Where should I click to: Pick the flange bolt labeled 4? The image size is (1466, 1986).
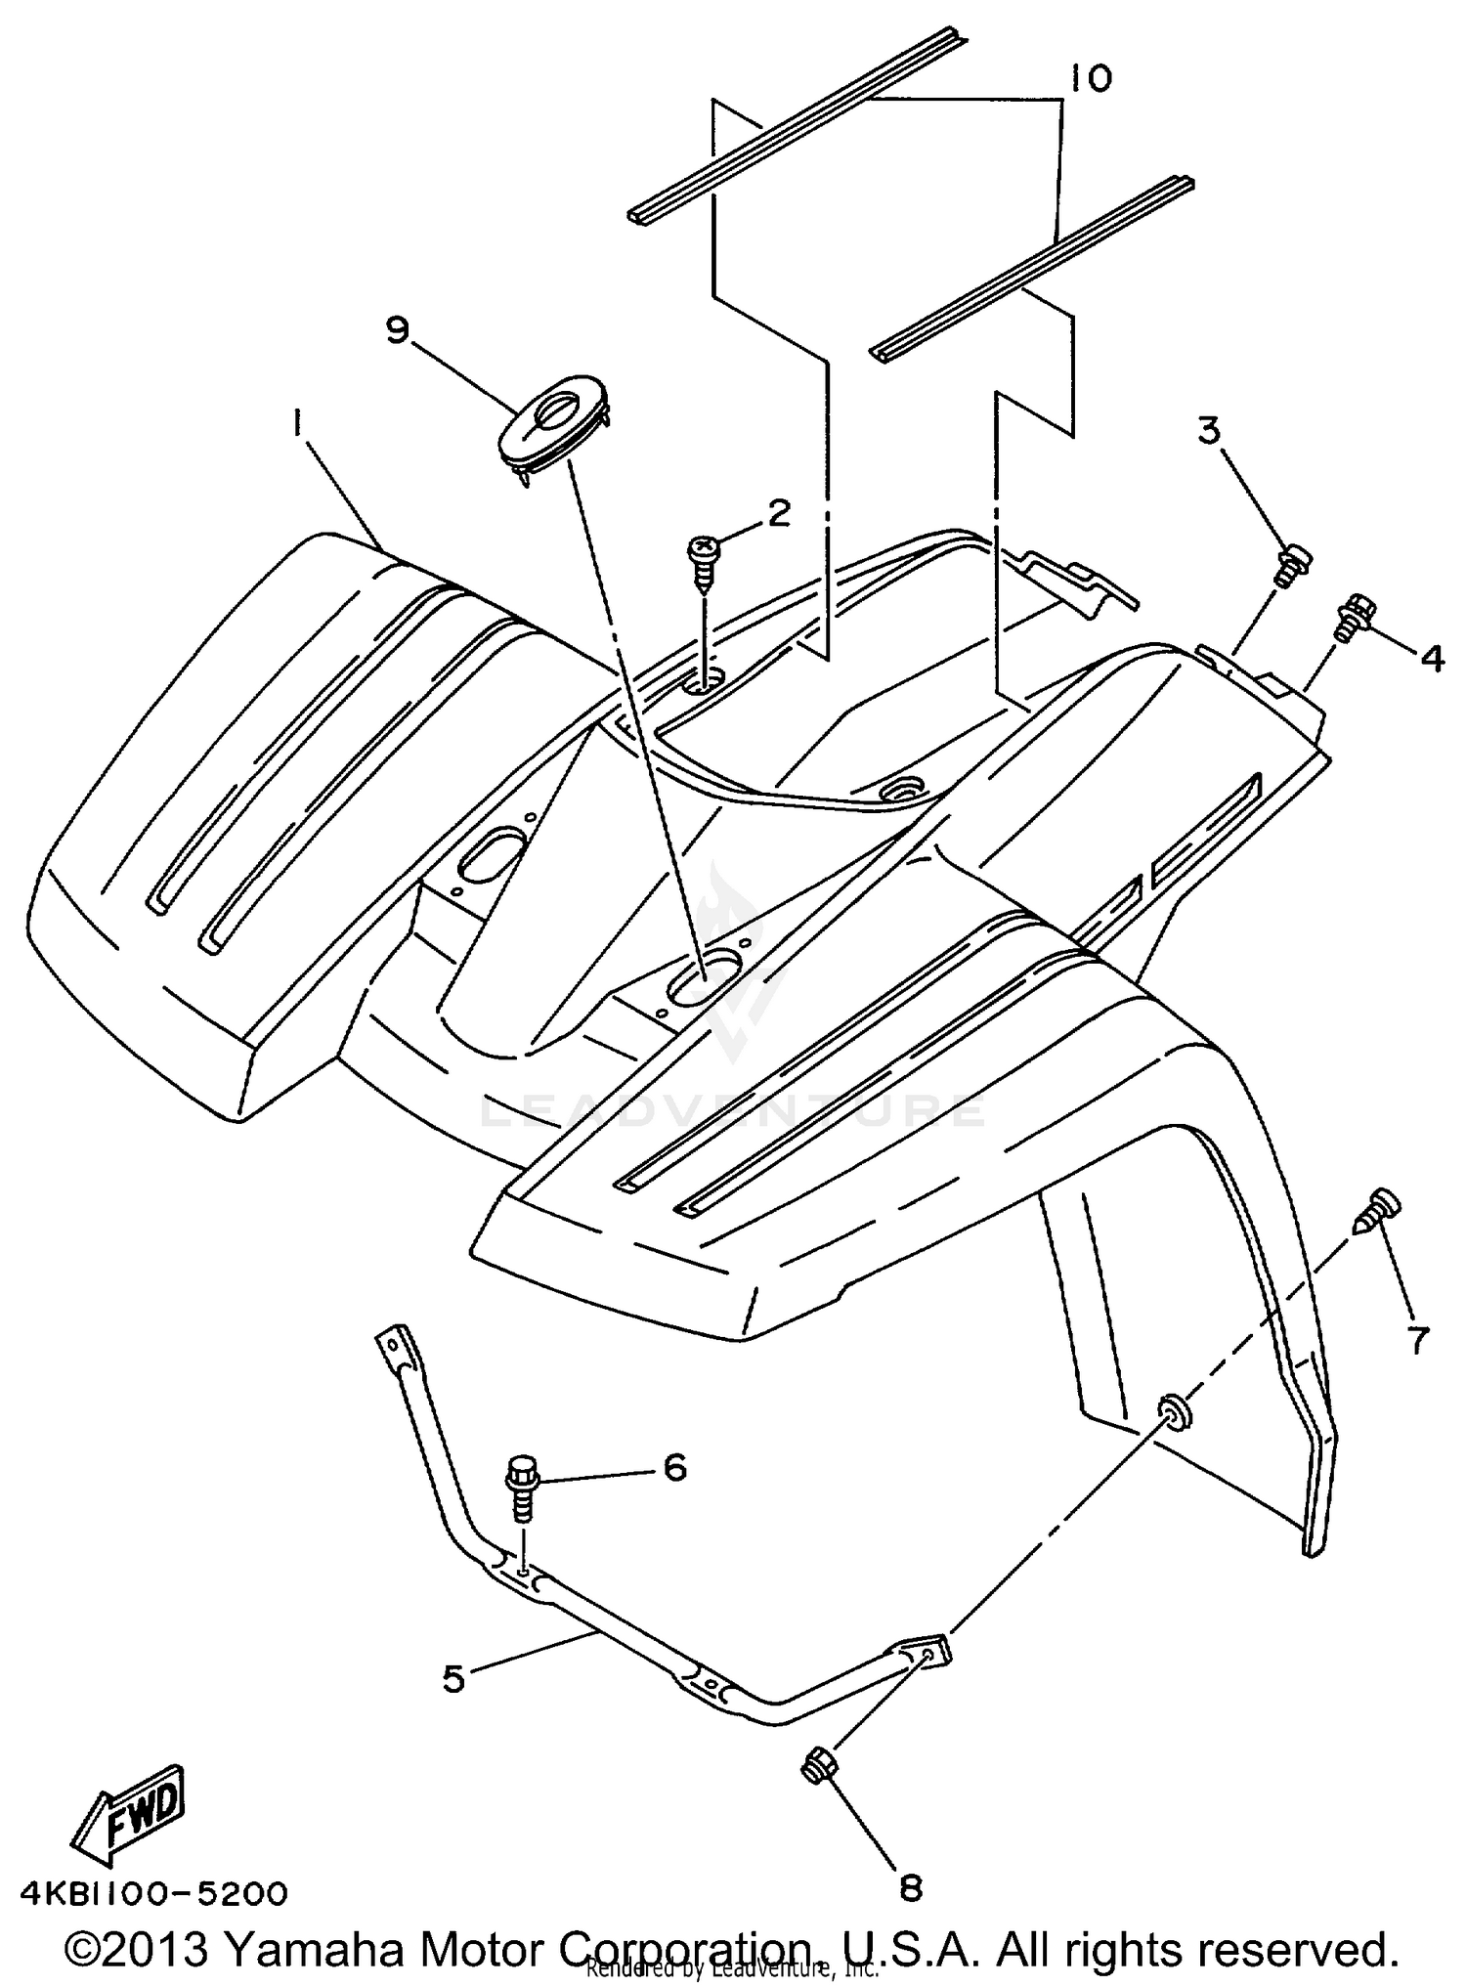1356,616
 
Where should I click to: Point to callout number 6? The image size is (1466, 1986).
674,1468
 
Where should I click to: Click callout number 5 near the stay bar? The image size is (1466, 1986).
453,1679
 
